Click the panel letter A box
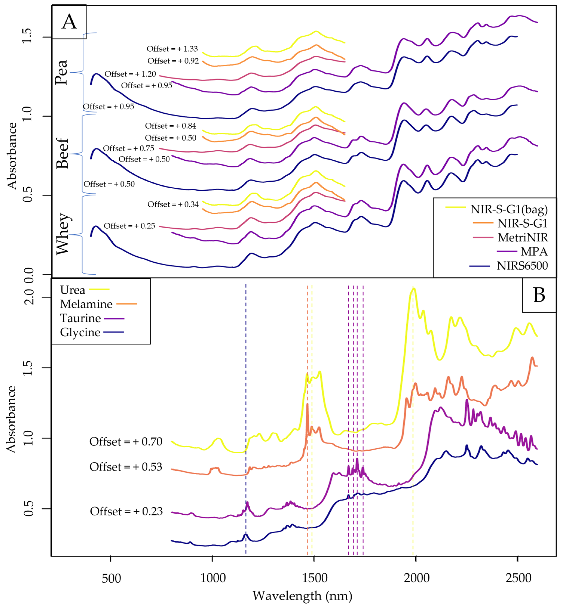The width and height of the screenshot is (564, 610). (69, 22)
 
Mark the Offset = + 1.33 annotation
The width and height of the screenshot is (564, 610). (172, 49)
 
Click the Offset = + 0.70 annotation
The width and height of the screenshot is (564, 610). (126, 441)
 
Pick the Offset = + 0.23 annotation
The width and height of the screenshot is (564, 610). (126, 511)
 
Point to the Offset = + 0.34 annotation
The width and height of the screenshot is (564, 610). (173, 204)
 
